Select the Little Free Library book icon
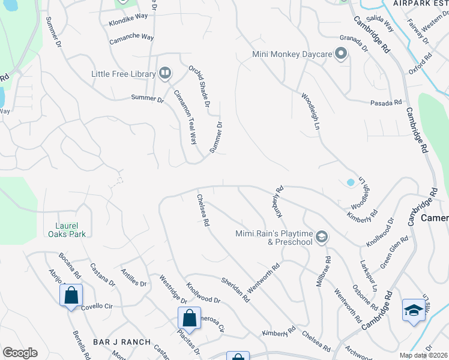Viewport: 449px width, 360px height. tap(164, 73)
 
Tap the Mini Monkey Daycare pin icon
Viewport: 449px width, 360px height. tap(341, 55)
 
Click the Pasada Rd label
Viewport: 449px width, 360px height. tap(385, 103)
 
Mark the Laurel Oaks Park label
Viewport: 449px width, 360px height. tap(67, 230)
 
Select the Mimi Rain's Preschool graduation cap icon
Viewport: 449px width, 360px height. tap(322, 238)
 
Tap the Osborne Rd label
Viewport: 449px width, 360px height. tap(360, 297)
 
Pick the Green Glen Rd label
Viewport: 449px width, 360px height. tap(394, 252)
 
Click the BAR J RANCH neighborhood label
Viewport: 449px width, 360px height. tap(122, 342)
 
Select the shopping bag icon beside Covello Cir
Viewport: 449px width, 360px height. tap(71, 295)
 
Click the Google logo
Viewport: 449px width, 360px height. tap(20, 353)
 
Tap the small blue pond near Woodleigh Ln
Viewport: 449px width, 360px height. tap(351, 182)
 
